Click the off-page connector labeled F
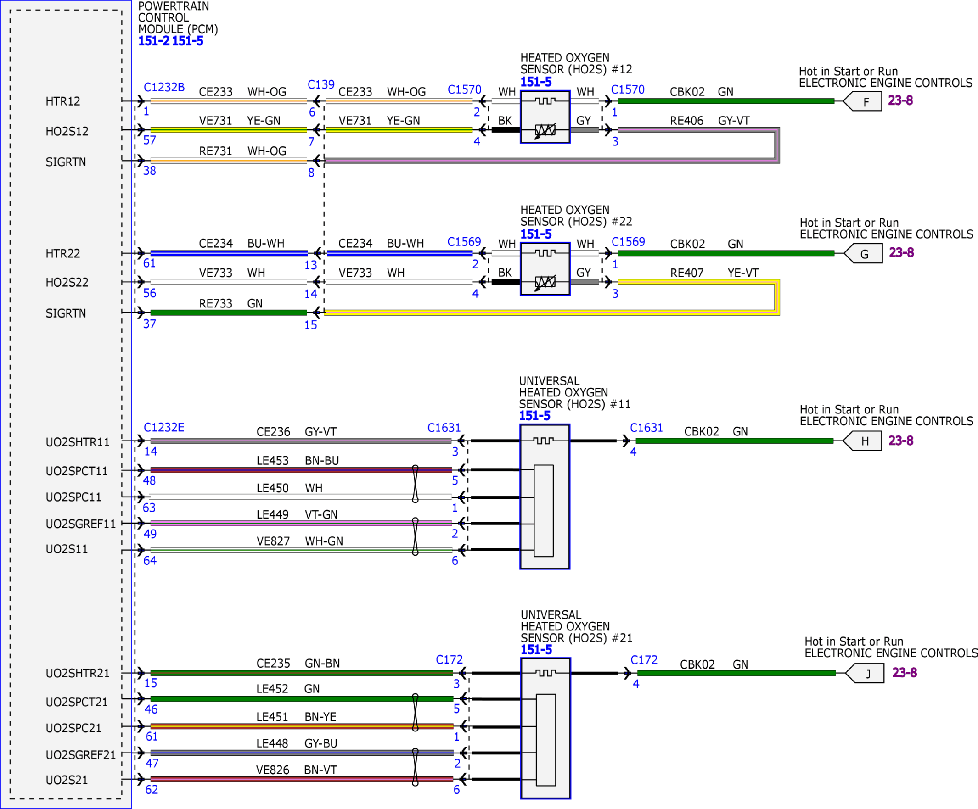pyautogui.click(x=863, y=101)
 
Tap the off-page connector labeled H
pyautogui.click(x=863, y=441)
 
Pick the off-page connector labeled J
pyautogui.click(x=866, y=673)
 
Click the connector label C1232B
pyautogui.click(x=164, y=87)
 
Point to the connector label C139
pyautogui.click(x=321, y=84)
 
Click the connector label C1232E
pyautogui.click(x=164, y=427)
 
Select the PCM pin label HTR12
pyautogui.click(x=63, y=101)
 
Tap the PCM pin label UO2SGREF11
pyautogui.click(x=80, y=524)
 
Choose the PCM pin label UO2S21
pyautogui.click(x=67, y=780)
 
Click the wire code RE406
pyautogui.click(x=686, y=121)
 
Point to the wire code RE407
pyautogui.click(x=686, y=273)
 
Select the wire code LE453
pyautogui.click(x=273, y=460)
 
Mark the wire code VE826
pyautogui.click(x=273, y=770)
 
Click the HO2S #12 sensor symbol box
pyautogui.click(x=545, y=117)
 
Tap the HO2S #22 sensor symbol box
pyautogui.click(x=545, y=269)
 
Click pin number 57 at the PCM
pyautogui.click(x=150, y=140)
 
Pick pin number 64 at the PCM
pyautogui.click(x=150, y=560)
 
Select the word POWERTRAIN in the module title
pyautogui.click(x=174, y=6)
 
